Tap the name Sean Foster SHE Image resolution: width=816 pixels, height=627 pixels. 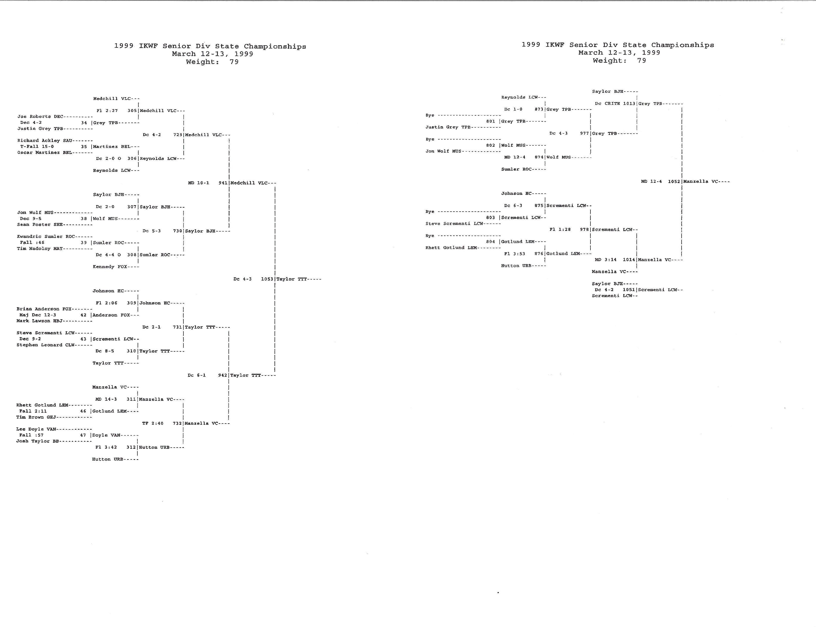pyautogui.click(x=40, y=225)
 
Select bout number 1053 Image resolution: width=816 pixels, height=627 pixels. pyautogui.click(x=267, y=279)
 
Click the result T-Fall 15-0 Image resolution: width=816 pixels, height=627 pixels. pyautogui.click(x=37, y=147)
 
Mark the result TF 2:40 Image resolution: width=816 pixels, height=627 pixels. pyautogui.click(x=153, y=423)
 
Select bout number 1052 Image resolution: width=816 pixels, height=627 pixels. pyautogui.click(x=674, y=181)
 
